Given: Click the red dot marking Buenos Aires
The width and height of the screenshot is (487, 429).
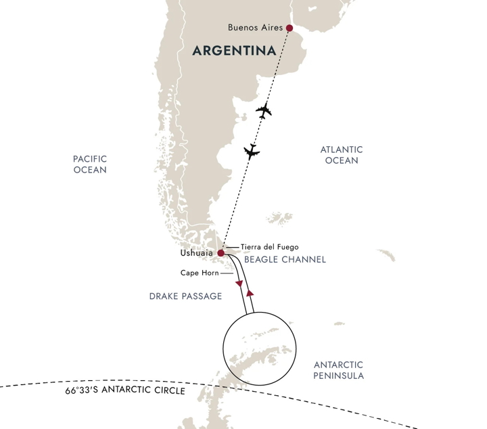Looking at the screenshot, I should click(289, 28).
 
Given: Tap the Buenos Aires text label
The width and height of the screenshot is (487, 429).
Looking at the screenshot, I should click(256, 28).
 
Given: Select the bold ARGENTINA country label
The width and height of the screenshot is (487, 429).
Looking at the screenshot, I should click(234, 51).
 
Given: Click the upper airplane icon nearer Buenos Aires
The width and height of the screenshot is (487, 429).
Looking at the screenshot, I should click(264, 111).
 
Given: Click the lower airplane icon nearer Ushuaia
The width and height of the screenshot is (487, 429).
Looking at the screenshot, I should click(252, 152).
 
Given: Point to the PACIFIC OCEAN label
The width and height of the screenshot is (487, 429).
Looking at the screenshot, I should click(90, 164).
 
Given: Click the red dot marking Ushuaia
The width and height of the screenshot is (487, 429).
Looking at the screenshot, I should click(221, 254).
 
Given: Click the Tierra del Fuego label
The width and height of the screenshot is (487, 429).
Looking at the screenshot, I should click(269, 247).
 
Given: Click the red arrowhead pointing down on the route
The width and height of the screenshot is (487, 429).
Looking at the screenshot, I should click(239, 284).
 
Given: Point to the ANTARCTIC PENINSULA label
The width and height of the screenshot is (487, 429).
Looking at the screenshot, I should click(339, 369).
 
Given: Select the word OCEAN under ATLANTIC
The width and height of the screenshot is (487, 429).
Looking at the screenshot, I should click(342, 161).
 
